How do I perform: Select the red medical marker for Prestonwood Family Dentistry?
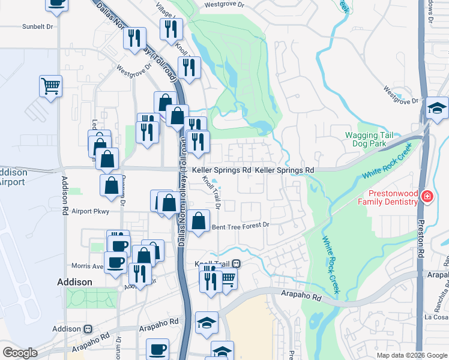426,196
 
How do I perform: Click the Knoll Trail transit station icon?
237,263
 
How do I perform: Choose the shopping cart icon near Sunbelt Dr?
51,86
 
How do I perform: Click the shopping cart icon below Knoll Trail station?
227,278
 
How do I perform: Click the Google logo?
20,353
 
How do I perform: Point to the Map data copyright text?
411,355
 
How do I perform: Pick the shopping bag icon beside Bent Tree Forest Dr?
198,221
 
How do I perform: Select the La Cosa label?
436,317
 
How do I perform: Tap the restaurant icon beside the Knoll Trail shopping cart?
210,279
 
